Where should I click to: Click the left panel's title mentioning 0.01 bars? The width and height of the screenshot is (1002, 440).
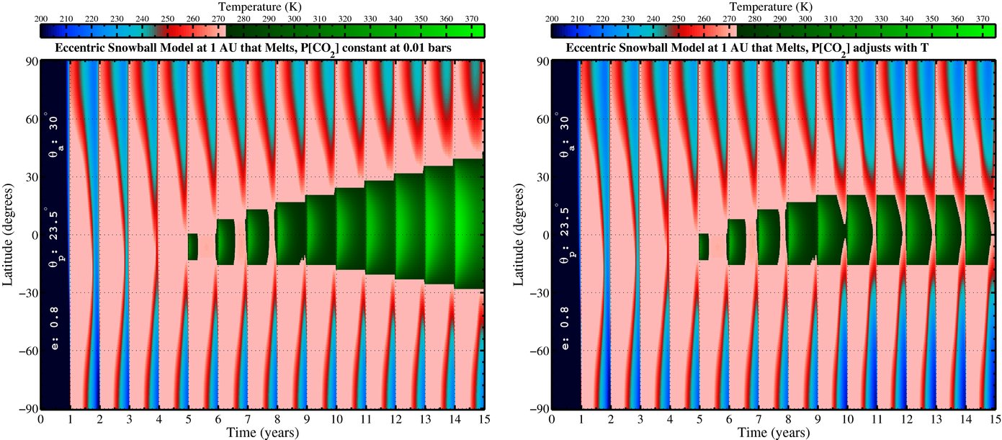262,49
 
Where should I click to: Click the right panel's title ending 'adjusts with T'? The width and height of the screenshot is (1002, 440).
773,49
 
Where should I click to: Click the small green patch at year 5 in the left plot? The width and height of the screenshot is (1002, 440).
192,246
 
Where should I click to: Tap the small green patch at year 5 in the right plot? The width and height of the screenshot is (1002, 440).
703,246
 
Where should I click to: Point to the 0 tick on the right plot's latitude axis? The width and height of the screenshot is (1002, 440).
545,235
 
